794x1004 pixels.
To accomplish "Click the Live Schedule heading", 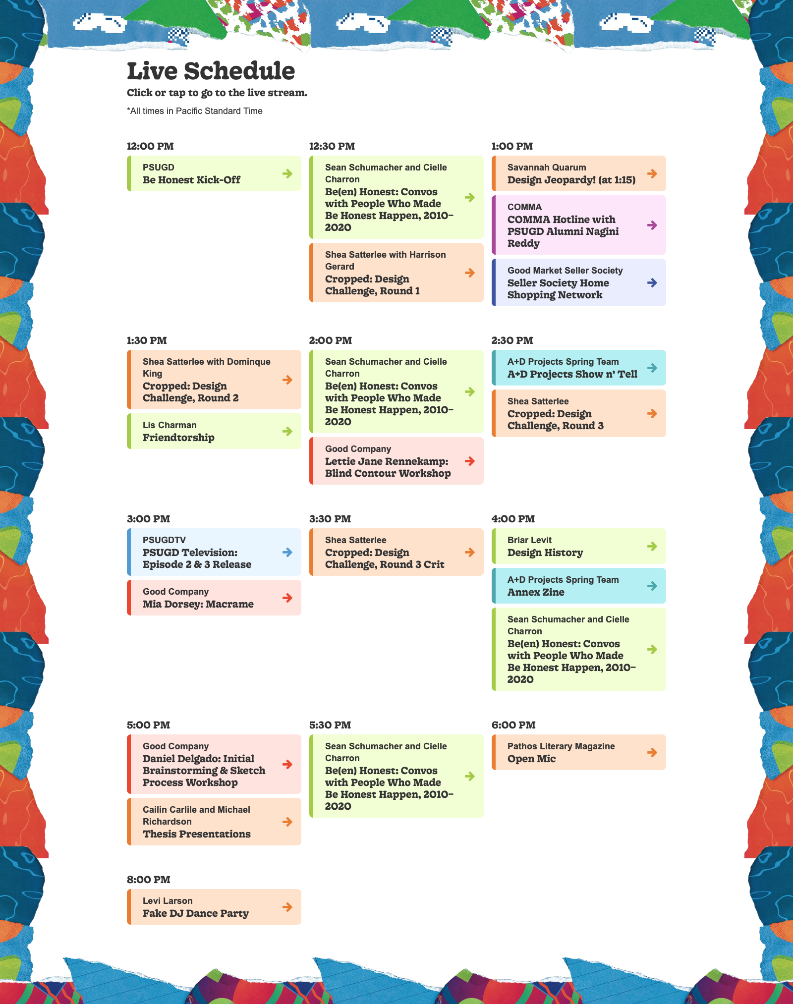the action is coord(211,71).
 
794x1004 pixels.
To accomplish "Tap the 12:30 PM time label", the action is coord(332,146).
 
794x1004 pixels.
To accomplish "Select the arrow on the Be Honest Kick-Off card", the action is coord(287,173).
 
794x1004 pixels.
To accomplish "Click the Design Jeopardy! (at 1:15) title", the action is coord(571,180).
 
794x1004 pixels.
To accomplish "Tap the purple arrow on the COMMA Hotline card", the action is coord(652,225).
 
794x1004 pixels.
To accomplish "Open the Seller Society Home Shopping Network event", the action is coord(579,282).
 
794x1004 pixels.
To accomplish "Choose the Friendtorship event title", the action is coord(178,438).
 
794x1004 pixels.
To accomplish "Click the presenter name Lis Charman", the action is coord(170,425).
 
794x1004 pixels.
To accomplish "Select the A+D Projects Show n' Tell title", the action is coord(572,374).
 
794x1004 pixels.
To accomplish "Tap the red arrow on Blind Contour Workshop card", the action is coord(470,461).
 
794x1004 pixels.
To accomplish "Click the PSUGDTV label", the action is coord(164,540).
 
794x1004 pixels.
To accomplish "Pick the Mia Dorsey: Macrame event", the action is coord(214,598).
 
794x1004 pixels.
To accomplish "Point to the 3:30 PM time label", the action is coord(330,519).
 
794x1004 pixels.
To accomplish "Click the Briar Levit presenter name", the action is coord(529,540).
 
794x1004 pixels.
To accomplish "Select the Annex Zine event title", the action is coord(536,592).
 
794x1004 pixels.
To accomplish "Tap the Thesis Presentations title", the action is coord(197,834).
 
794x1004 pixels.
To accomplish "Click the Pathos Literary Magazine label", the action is coord(561,746).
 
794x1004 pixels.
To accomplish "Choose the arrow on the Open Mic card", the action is coord(652,752).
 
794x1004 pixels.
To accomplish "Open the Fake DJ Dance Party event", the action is coord(214,907).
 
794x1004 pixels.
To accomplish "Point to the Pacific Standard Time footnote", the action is coord(195,111).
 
